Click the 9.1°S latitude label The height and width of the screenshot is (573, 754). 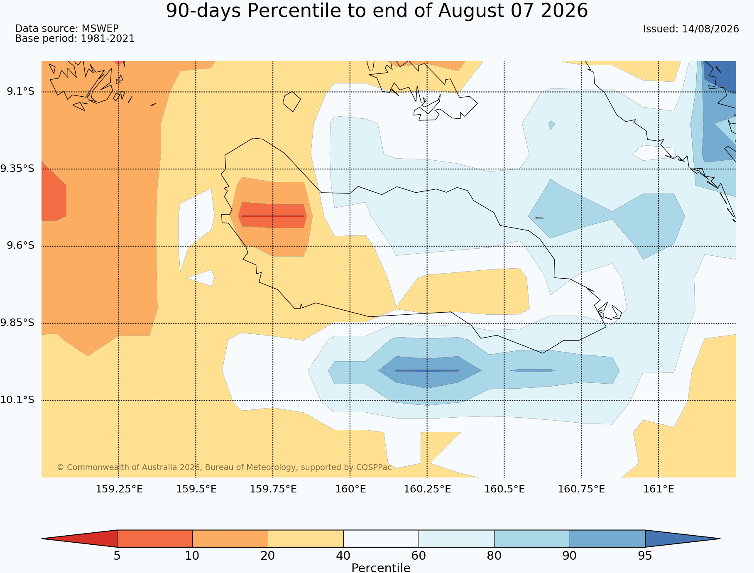(x=20, y=91)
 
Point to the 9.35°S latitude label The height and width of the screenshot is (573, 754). (x=17, y=169)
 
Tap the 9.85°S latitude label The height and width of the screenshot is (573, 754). (x=17, y=323)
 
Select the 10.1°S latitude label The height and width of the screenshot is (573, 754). (x=17, y=400)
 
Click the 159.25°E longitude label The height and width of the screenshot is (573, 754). (x=119, y=489)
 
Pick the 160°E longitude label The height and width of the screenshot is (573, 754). (x=350, y=489)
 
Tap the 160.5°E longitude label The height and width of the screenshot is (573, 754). (x=504, y=489)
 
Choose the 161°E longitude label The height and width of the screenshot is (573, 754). (x=659, y=489)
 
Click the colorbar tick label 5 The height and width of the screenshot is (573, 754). (x=117, y=556)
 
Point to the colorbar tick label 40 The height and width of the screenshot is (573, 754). (x=343, y=556)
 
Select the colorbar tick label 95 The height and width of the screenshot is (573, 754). (x=645, y=556)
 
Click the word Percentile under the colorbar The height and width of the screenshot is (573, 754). (x=381, y=568)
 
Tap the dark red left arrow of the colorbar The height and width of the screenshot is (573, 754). (x=79, y=539)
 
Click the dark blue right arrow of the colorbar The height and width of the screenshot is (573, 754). (x=683, y=539)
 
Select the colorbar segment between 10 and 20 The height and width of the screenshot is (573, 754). (x=230, y=539)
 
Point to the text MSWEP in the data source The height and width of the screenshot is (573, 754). (x=100, y=29)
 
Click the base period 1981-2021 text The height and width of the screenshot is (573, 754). (x=108, y=39)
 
